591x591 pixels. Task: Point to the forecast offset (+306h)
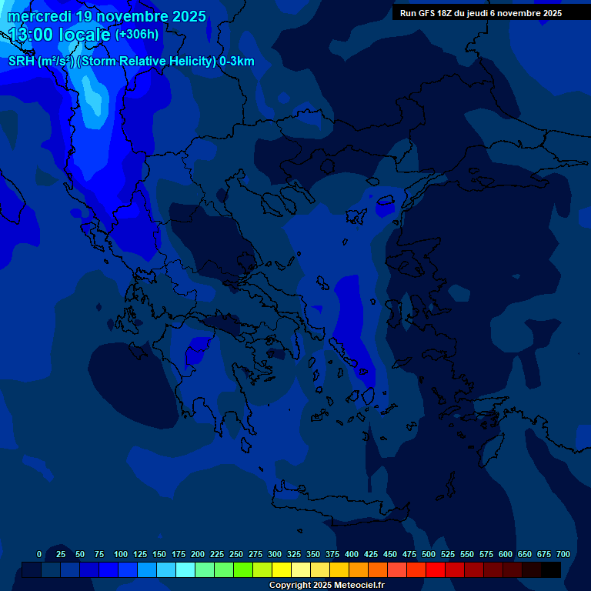[137, 35]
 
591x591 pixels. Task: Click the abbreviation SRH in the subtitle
[21, 62]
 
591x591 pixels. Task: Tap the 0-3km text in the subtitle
[237, 62]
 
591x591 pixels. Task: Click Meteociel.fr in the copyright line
[355, 586]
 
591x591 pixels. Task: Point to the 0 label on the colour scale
[39, 554]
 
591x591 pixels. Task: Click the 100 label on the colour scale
[121, 554]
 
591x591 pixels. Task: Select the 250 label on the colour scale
[236, 554]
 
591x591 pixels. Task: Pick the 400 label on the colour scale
[352, 554]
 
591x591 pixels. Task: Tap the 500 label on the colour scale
[429, 554]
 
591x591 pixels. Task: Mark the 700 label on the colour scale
[563, 554]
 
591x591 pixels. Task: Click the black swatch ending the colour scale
[551, 569]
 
